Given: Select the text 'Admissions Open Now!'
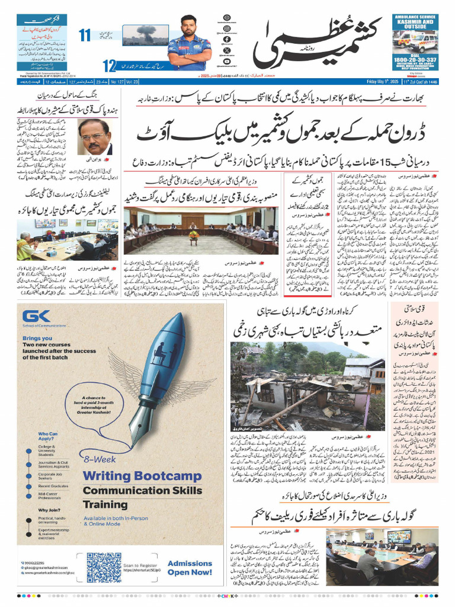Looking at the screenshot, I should (190, 568).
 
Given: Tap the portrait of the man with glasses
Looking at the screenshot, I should (95, 137).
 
